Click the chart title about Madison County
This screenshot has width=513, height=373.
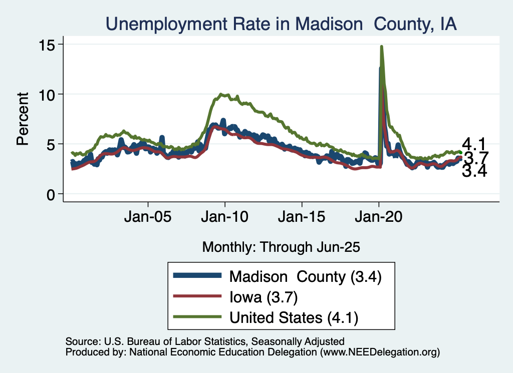pyautogui.click(x=281, y=24)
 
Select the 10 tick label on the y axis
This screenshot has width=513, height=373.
pyautogui.click(x=49, y=94)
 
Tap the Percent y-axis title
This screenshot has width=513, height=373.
pyautogui.click(x=23, y=119)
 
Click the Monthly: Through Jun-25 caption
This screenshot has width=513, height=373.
pyautogui.click(x=281, y=246)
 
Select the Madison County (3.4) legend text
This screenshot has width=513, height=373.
pyautogui.click(x=306, y=276)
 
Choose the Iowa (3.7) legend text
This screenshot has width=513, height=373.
pyautogui.click(x=264, y=297)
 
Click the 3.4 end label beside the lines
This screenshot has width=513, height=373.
pyautogui.click(x=474, y=172)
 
